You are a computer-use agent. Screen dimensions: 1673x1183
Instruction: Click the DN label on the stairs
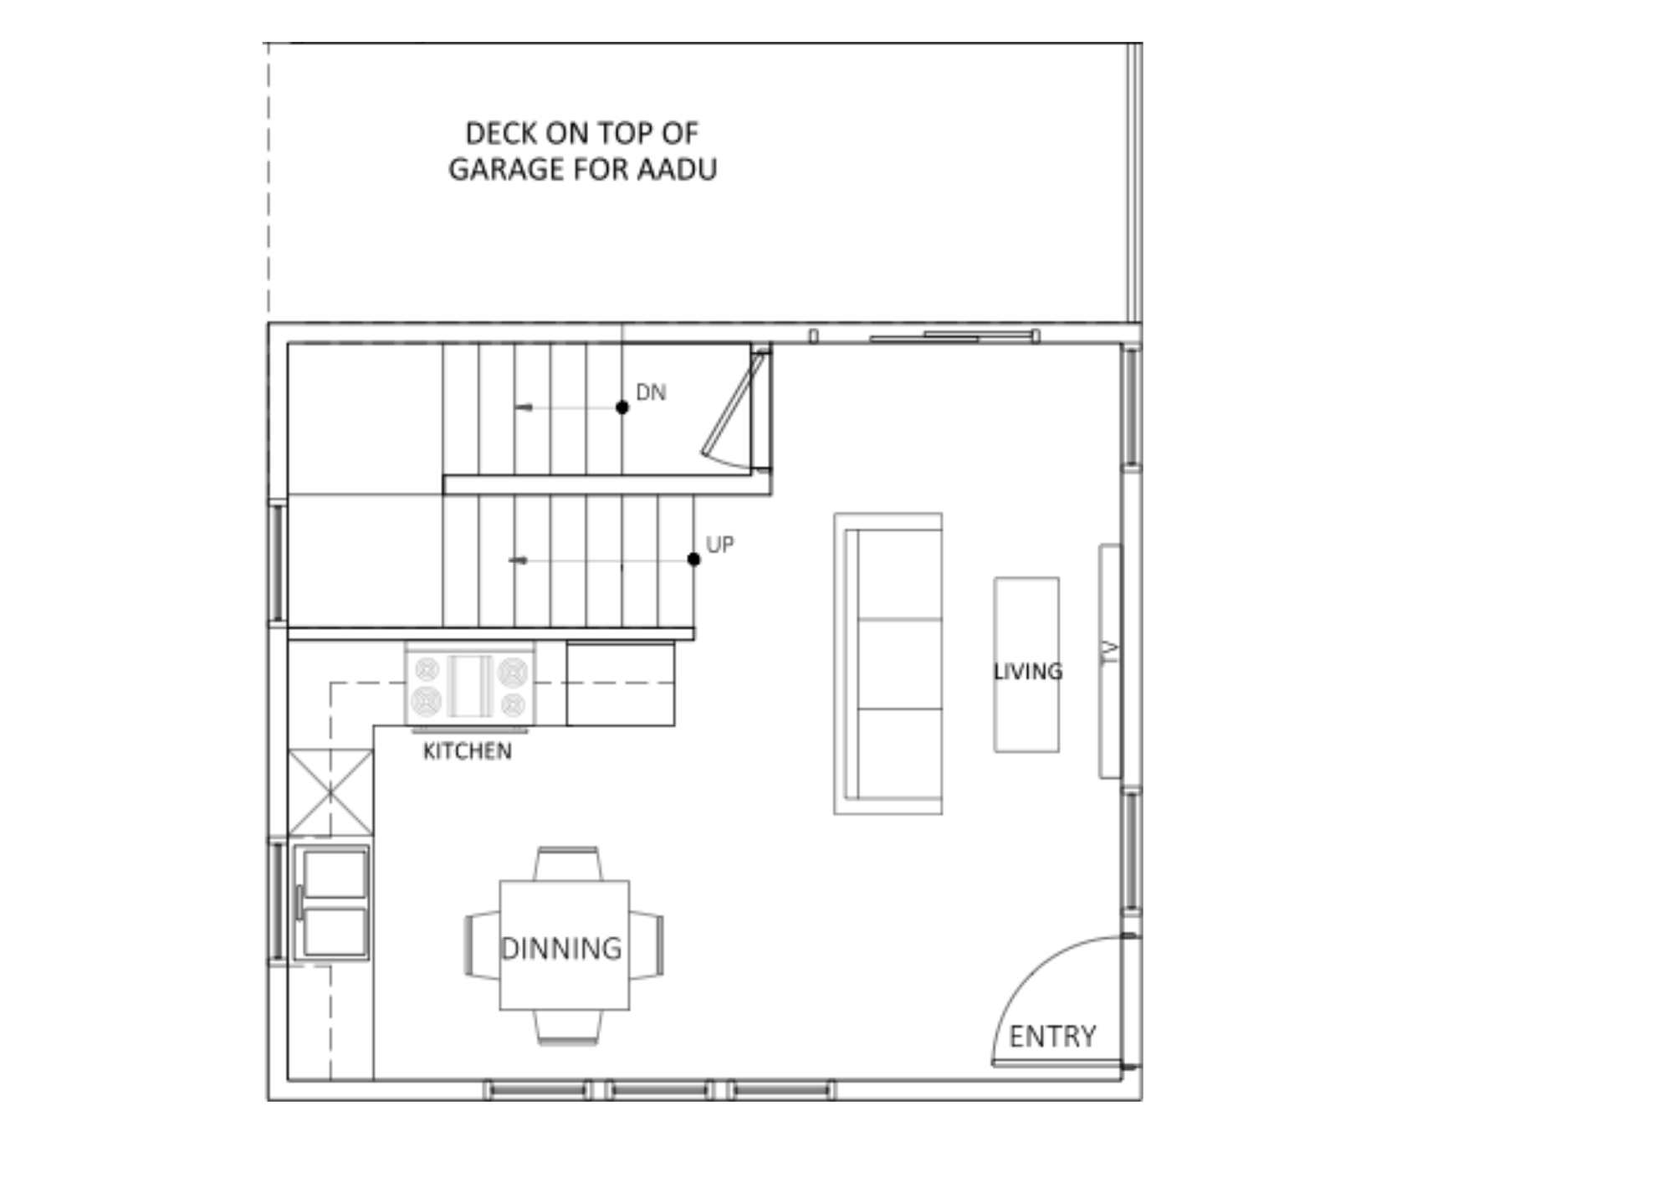(x=651, y=392)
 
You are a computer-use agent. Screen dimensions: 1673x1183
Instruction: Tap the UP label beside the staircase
(x=720, y=545)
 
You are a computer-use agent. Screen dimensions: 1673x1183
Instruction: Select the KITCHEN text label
(x=468, y=751)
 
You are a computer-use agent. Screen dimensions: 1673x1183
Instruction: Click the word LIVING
(x=1028, y=671)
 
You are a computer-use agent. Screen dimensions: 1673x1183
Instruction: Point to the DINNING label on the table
(x=561, y=949)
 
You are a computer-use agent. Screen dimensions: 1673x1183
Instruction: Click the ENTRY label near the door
(x=1052, y=1037)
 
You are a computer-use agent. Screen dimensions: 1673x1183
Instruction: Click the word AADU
(x=678, y=169)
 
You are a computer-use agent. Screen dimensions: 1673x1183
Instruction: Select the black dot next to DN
(x=622, y=407)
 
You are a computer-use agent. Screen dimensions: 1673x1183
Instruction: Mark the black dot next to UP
(x=693, y=559)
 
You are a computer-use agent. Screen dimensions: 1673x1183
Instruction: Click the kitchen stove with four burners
(x=470, y=684)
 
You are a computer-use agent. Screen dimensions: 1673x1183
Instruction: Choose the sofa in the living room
(x=888, y=663)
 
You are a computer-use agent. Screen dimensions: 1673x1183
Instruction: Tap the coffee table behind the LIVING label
(x=1026, y=664)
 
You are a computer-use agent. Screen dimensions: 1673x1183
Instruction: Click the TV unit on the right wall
(x=1110, y=661)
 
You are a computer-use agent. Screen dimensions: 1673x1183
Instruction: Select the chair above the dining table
(x=567, y=863)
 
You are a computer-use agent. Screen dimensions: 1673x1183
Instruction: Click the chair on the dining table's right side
(x=647, y=945)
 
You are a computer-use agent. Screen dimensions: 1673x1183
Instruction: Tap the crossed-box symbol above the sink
(x=330, y=792)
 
